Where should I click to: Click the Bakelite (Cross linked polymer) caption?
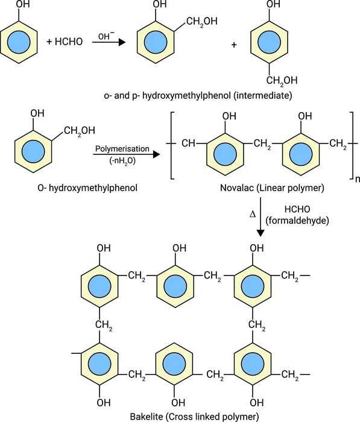pyautogui.click(x=180, y=415)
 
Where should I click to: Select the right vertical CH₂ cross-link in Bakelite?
pyautogui.click(x=257, y=326)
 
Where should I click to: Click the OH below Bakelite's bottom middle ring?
pyautogui.click(x=178, y=402)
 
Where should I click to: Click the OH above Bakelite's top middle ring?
pyautogui.click(x=178, y=248)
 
